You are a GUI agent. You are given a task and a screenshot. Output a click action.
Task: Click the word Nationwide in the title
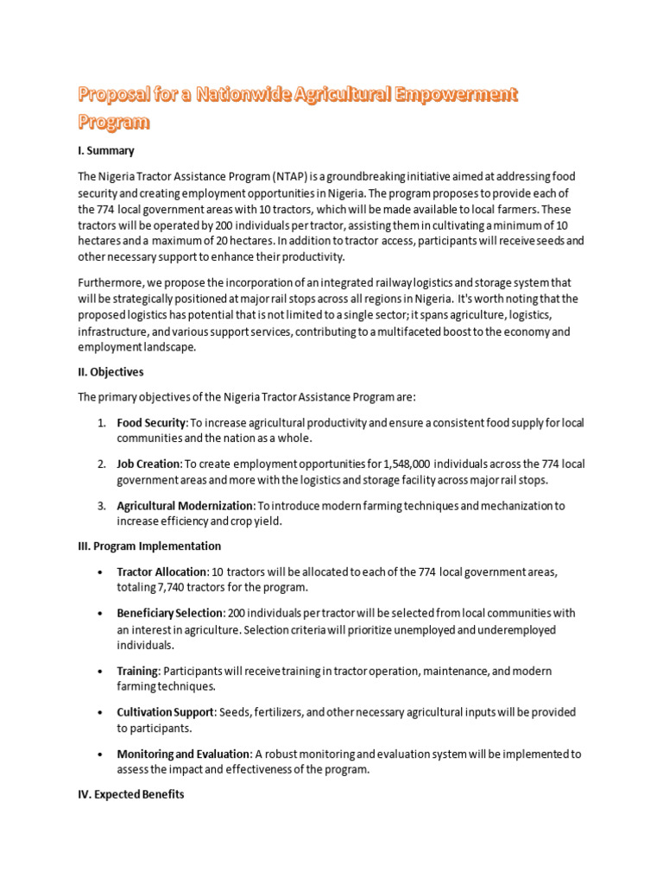point(245,94)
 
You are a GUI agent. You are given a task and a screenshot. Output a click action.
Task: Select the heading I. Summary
point(106,150)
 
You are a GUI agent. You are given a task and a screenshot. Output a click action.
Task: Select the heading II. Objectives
point(111,372)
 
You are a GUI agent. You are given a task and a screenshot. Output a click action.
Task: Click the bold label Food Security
point(151,423)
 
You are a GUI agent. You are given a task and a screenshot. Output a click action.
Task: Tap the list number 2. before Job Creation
point(101,464)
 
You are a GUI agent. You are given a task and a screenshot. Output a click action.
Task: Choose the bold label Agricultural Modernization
point(185,506)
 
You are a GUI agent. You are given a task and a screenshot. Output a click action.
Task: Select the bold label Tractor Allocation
point(161,571)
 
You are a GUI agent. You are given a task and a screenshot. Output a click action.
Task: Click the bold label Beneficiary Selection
point(169,613)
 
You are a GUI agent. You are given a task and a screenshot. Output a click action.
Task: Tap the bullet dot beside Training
point(101,671)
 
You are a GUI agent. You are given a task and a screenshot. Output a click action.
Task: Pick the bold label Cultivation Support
point(166,712)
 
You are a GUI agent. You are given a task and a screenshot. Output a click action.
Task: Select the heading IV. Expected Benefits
point(131,795)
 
